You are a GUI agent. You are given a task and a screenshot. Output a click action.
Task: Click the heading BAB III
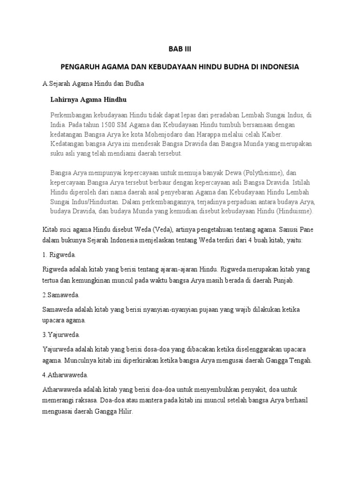click(x=180, y=48)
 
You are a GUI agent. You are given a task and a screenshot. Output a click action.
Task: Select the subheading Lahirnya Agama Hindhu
click(x=88, y=100)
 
